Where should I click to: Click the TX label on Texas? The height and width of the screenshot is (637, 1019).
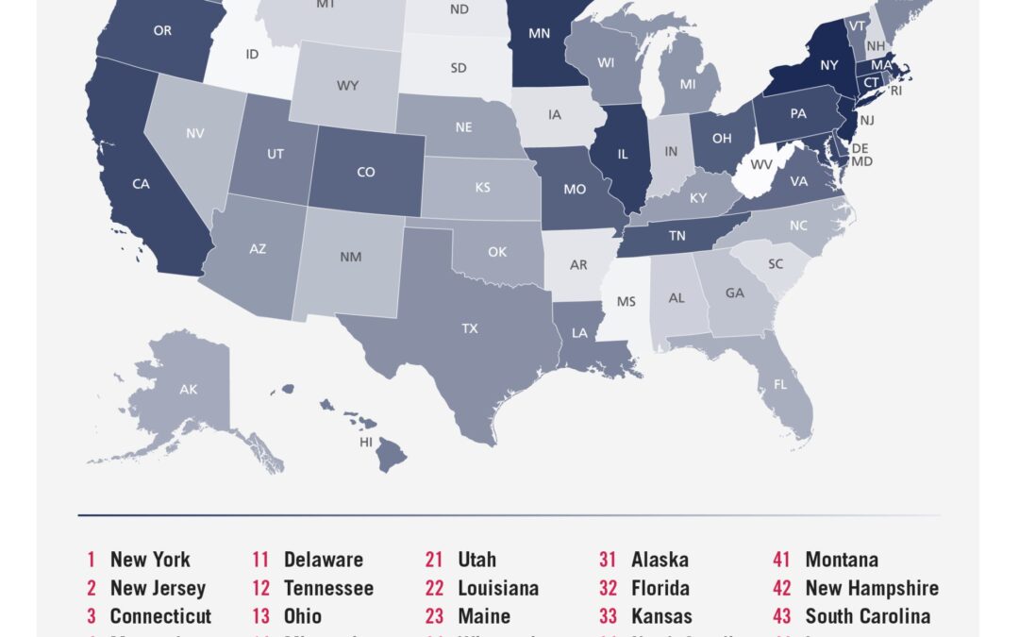(x=469, y=328)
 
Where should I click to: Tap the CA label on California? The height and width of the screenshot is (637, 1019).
(x=141, y=184)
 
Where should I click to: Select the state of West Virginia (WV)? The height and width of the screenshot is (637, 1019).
(x=760, y=164)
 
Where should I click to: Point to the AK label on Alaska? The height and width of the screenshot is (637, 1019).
(x=188, y=389)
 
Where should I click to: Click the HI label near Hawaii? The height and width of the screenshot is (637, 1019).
(x=366, y=442)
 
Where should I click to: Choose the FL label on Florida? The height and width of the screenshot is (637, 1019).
(x=780, y=385)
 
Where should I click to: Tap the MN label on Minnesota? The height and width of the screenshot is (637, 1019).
(x=539, y=33)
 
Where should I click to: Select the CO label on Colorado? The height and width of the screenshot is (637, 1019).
(x=365, y=172)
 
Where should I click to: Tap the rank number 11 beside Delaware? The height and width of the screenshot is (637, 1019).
(x=261, y=560)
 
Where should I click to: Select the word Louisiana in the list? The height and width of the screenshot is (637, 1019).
(x=498, y=588)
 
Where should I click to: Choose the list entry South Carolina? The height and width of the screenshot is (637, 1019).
(x=867, y=616)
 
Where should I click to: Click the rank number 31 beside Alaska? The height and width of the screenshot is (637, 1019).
(x=609, y=560)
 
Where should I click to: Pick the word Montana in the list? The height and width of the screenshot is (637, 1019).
(x=842, y=560)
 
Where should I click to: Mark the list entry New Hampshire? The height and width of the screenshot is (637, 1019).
(x=872, y=588)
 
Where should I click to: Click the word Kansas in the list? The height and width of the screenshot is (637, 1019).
(x=661, y=616)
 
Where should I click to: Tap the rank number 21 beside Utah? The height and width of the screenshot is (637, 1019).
(x=434, y=560)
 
